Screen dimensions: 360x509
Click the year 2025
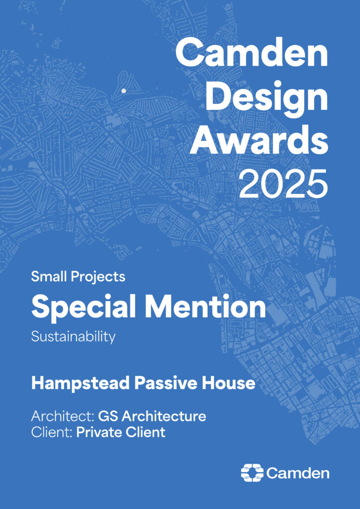(283, 184)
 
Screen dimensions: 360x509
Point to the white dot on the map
(124, 91)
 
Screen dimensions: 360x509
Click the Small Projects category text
(78, 277)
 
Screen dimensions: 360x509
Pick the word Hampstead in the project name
(81, 383)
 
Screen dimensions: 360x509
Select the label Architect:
(63, 416)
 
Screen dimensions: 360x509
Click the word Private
(96, 432)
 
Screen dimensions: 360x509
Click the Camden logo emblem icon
(253, 473)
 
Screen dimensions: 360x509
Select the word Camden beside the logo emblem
(298, 473)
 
